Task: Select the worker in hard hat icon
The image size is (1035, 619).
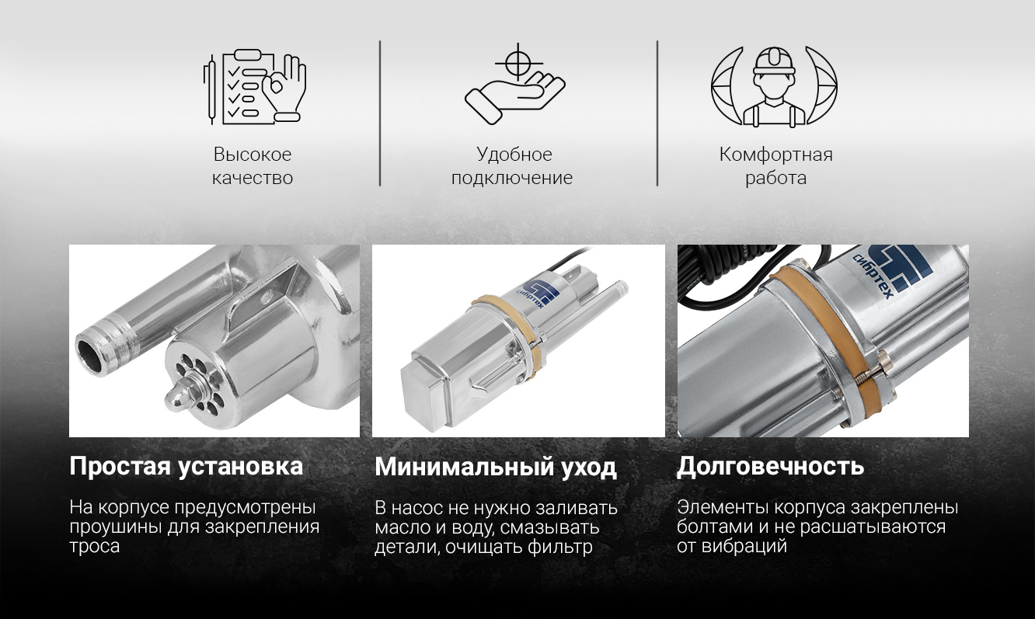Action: (774, 86)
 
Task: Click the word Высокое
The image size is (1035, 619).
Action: (253, 155)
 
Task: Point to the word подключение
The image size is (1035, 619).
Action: (512, 179)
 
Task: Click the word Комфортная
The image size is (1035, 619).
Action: (775, 155)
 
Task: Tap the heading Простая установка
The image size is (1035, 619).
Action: (186, 467)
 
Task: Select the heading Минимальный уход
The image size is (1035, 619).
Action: (495, 468)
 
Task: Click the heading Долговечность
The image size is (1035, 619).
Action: (770, 466)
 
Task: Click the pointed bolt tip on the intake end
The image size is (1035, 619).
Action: (172, 401)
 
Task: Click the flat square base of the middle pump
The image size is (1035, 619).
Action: (424, 398)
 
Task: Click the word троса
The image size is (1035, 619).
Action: (95, 547)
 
